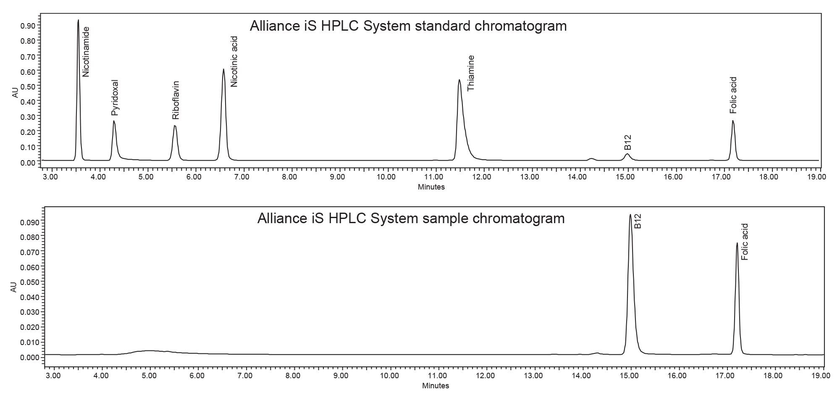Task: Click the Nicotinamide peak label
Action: [x=86, y=52]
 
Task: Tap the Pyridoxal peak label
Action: [x=115, y=97]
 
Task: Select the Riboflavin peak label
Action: [x=176, y=100]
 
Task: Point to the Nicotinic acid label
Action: [x=234, y=61]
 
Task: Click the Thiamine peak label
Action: [x=471, y=73]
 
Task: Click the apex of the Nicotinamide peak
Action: [x=78, y=20]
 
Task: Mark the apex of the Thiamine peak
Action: [x=459, y=80]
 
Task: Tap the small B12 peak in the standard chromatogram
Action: [x=627, y=154]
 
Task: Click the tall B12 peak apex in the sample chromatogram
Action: [x=630, y=215]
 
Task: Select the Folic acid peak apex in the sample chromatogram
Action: [x=737, y=242]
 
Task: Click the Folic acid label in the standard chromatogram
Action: [x=733, y=95]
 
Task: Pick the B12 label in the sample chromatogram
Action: [x=638, y=221]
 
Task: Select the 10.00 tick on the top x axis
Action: [x=386, y=177]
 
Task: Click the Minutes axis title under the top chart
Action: [x=431, y=187]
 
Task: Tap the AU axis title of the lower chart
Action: [x=13, y=287]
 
